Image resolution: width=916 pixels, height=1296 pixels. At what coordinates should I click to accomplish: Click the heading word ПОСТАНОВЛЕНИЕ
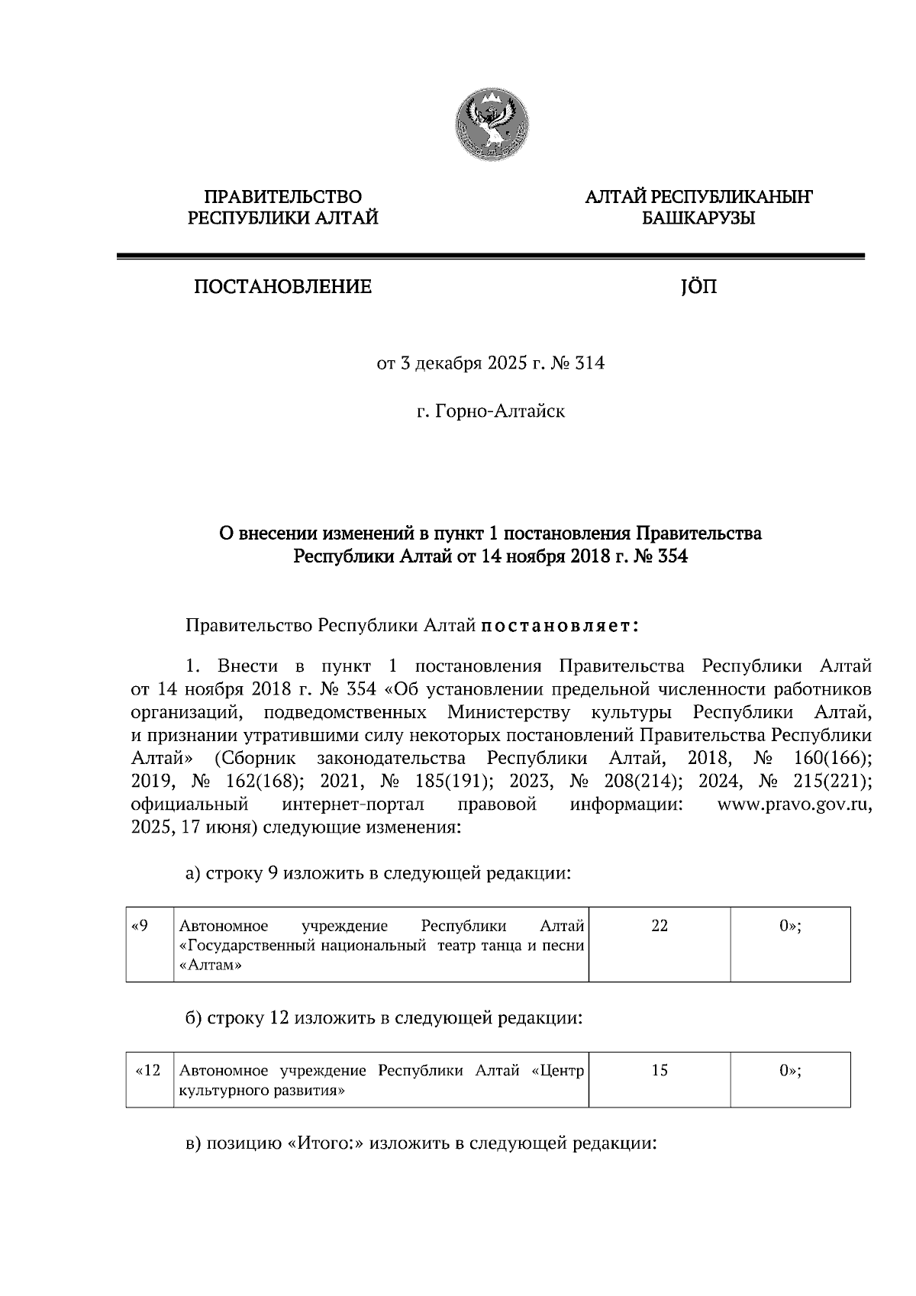(x=282, y=287)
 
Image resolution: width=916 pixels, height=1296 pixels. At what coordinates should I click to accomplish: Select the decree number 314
(x=591, y=363)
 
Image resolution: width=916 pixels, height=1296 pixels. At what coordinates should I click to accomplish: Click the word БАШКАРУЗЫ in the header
(x=698, y=219)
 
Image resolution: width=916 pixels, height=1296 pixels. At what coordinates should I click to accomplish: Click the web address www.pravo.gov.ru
(x=794, y=804)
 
